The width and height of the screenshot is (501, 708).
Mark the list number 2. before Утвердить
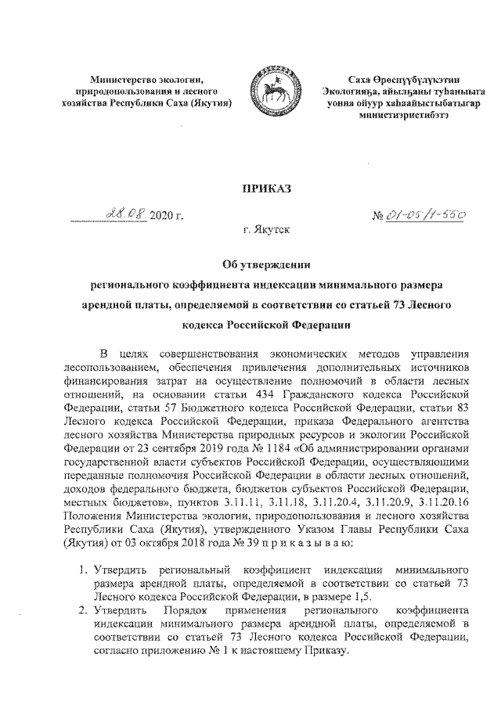[81, 610]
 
